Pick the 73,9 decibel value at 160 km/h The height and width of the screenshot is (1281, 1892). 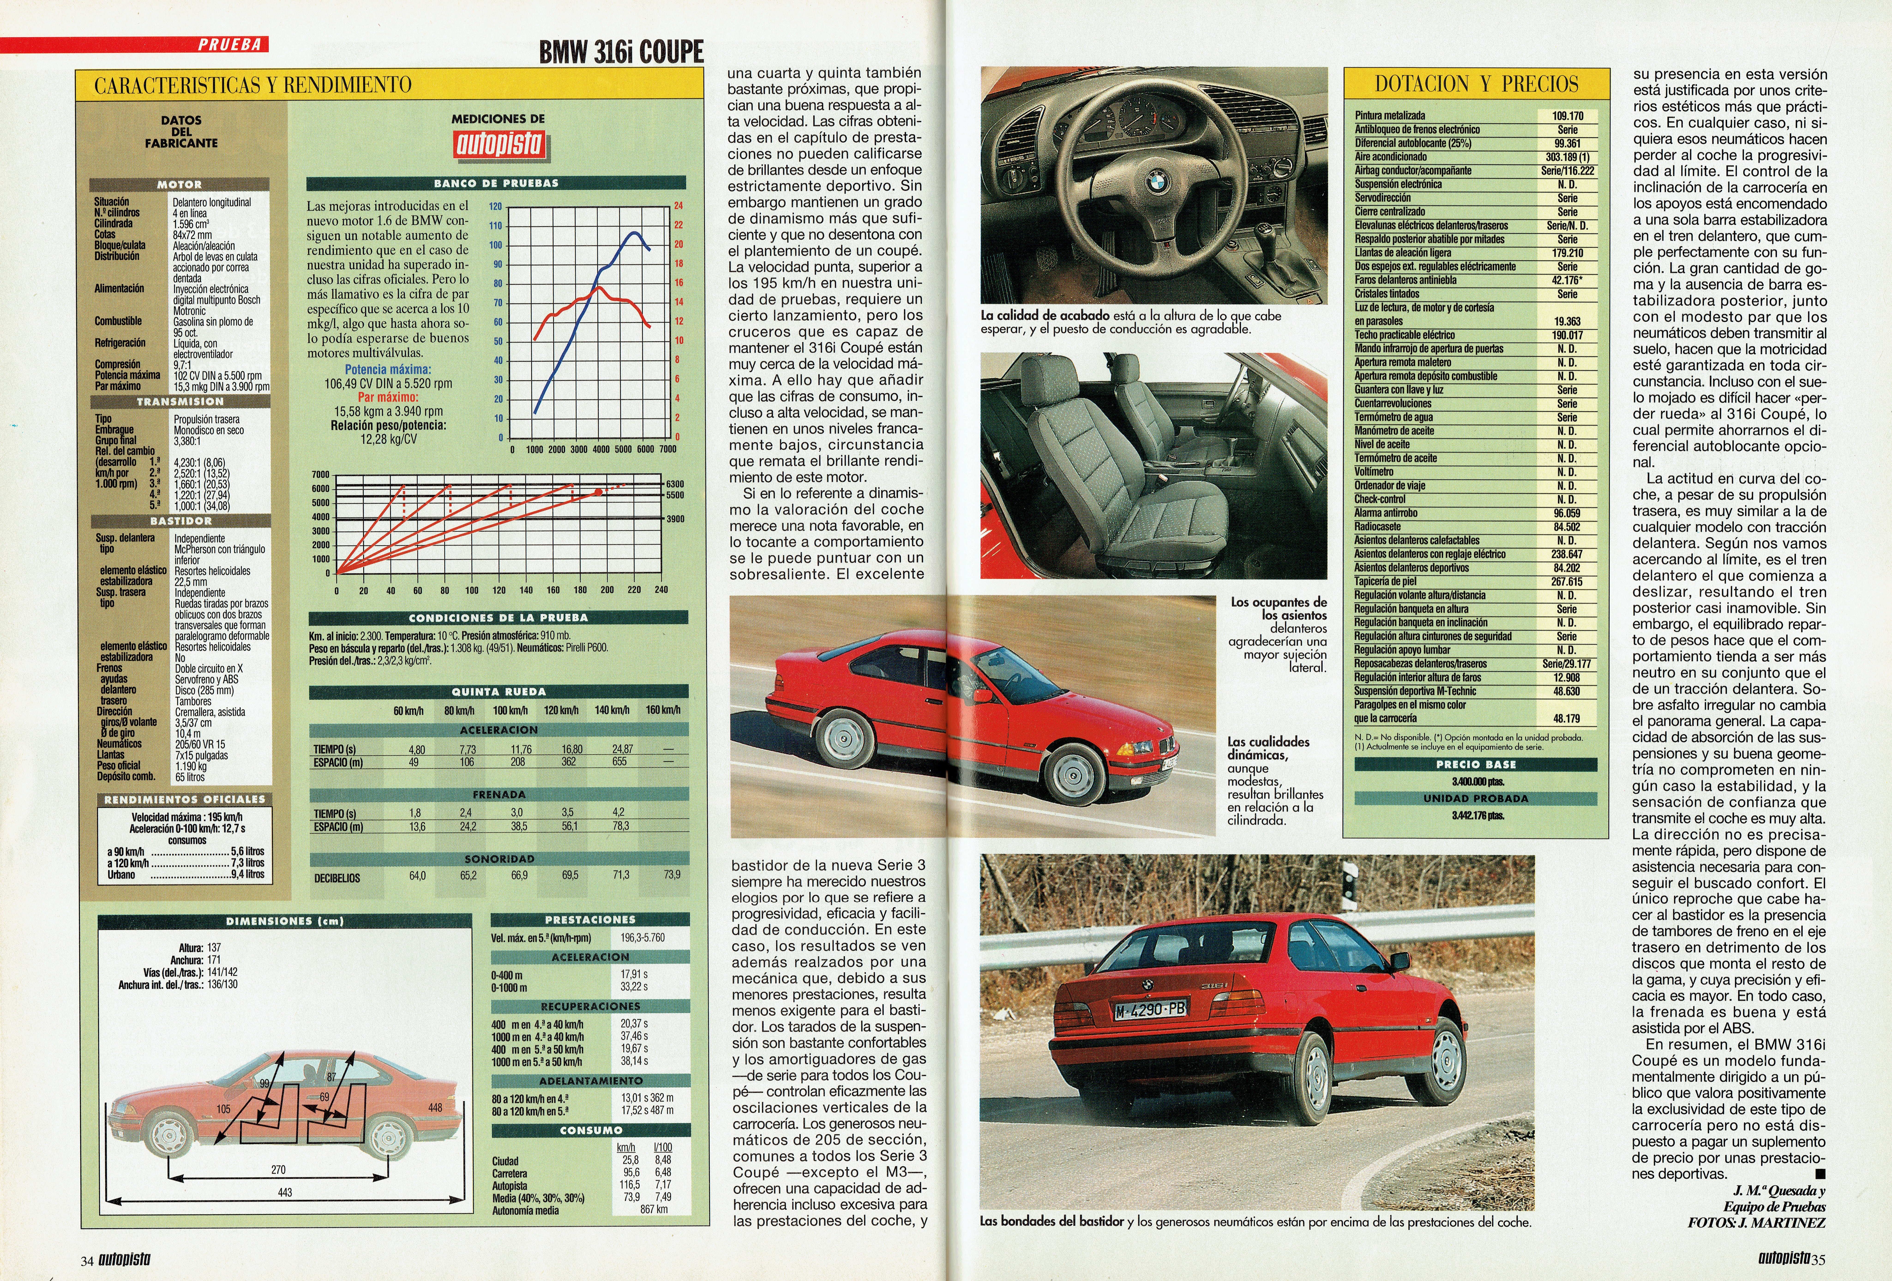pyautogui.click(x=672, y=875)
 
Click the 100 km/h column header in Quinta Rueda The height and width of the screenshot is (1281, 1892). pyautogui.click(x=511, y=710)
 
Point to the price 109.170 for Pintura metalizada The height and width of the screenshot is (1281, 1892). pyautogui.click(x=1567, y=116)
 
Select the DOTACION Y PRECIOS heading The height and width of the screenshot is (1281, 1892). pyautogui.click(x=1476, y=84)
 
